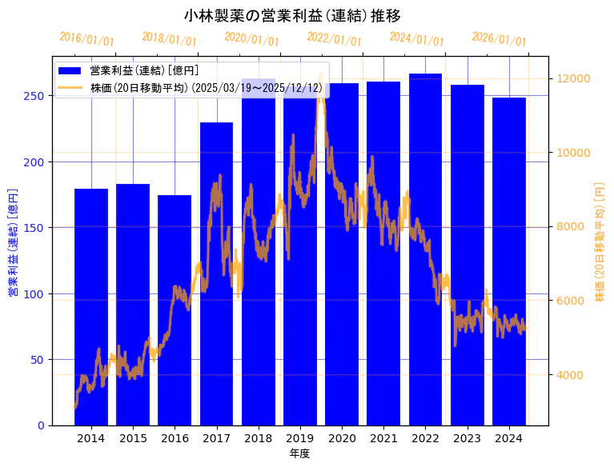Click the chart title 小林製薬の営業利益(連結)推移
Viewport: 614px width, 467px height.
click(292, 16)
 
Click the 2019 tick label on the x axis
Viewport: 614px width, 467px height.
click(300, 438)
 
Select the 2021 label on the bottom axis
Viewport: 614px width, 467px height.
click(383, 438)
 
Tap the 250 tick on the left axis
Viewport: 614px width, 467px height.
click(37, 96)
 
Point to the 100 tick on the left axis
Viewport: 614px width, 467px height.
click(37, 293)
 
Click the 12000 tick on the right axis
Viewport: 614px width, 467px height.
click(574, 78)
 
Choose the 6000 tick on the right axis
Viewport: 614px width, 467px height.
click(574, 301)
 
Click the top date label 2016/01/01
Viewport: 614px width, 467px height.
click(86, 39)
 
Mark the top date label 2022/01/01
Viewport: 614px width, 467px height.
click(334, 39)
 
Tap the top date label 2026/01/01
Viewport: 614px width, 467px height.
click(499, 39)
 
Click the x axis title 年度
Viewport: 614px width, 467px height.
click(300, 453)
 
